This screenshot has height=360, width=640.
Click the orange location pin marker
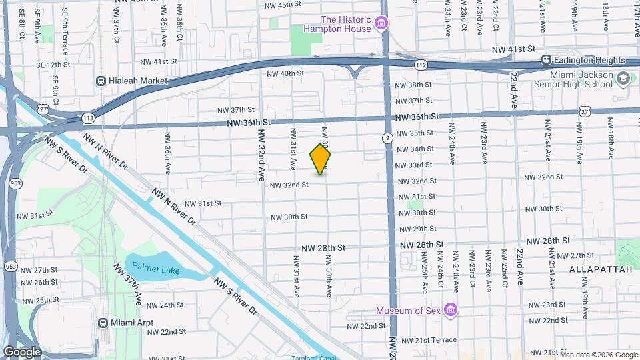pyautogui.click(x=320, y=159)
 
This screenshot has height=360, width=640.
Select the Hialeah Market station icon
pyautogui.click(x=101, y=81)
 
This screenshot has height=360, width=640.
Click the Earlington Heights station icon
pyautogui.click(x=546, y=60)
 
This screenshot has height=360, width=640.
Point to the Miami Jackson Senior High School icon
pyautogui.click(x=623, y=79)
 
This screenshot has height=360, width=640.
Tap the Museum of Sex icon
pyautogui.click(x=451, y=311)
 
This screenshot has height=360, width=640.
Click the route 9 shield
pyautogui.click(x=387, y=138)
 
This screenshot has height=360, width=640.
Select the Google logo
pyautogui.click(x=22, y=352)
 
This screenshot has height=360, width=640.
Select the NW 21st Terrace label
pyautogui.click(x=427, y=340)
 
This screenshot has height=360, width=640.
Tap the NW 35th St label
pyautogui.click(x=414, y=133)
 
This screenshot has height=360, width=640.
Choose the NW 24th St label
pyautogui.click(x=165, y=305)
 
